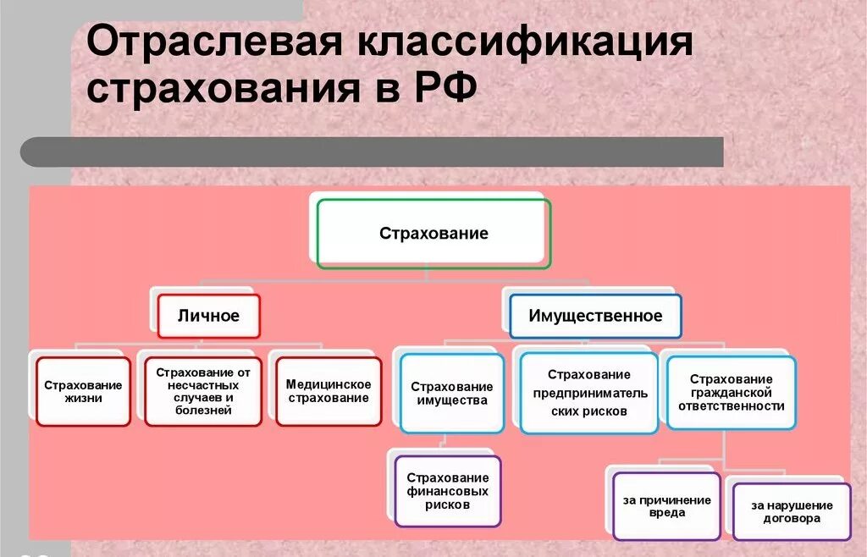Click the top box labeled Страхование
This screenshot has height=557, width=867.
click(x=433, y=234)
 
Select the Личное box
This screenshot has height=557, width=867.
click(x=208, y=316)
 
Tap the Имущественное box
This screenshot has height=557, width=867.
click(x=595, y=316)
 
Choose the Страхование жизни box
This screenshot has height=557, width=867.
click(x=83, y=391)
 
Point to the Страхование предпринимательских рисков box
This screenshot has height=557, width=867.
click(x=588, y=394)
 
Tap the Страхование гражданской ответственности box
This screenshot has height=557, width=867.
click(x=731, y=393)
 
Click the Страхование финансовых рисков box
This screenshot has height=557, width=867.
click(x=447, y=491)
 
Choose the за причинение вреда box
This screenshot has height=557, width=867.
click(x=666, y=506)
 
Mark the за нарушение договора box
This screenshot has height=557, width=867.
click(x=791, y=512)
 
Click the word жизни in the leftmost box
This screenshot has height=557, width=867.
click(x=83, y=399)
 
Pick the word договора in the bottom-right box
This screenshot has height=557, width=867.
click(x=791, y=519)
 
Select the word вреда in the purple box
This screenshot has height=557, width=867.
click(x=666, y=513)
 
